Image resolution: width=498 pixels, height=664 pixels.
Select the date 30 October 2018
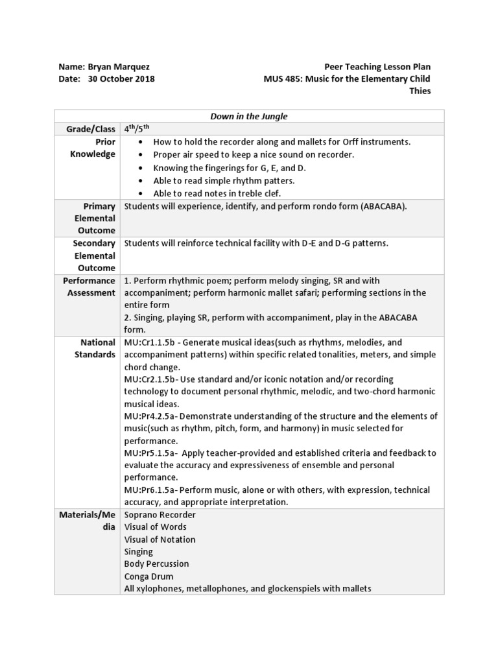click(x=121, y=79)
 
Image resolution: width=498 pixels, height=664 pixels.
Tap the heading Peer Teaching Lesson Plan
click(x=377, y=67)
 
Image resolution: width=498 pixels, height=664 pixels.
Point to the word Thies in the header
click(x=420, y=91)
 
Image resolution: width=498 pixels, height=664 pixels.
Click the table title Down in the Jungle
click(x=249, y=117)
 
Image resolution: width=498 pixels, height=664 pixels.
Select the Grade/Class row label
click(x=90, y=129)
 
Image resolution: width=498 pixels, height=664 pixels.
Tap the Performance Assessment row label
click(x=90, y=287)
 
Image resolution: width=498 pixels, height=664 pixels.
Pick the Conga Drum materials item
click(x=148, y=576)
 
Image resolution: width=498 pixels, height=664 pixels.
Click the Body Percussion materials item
click(x=156, y=564)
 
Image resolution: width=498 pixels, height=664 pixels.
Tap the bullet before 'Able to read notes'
click(x=141, y=193)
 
